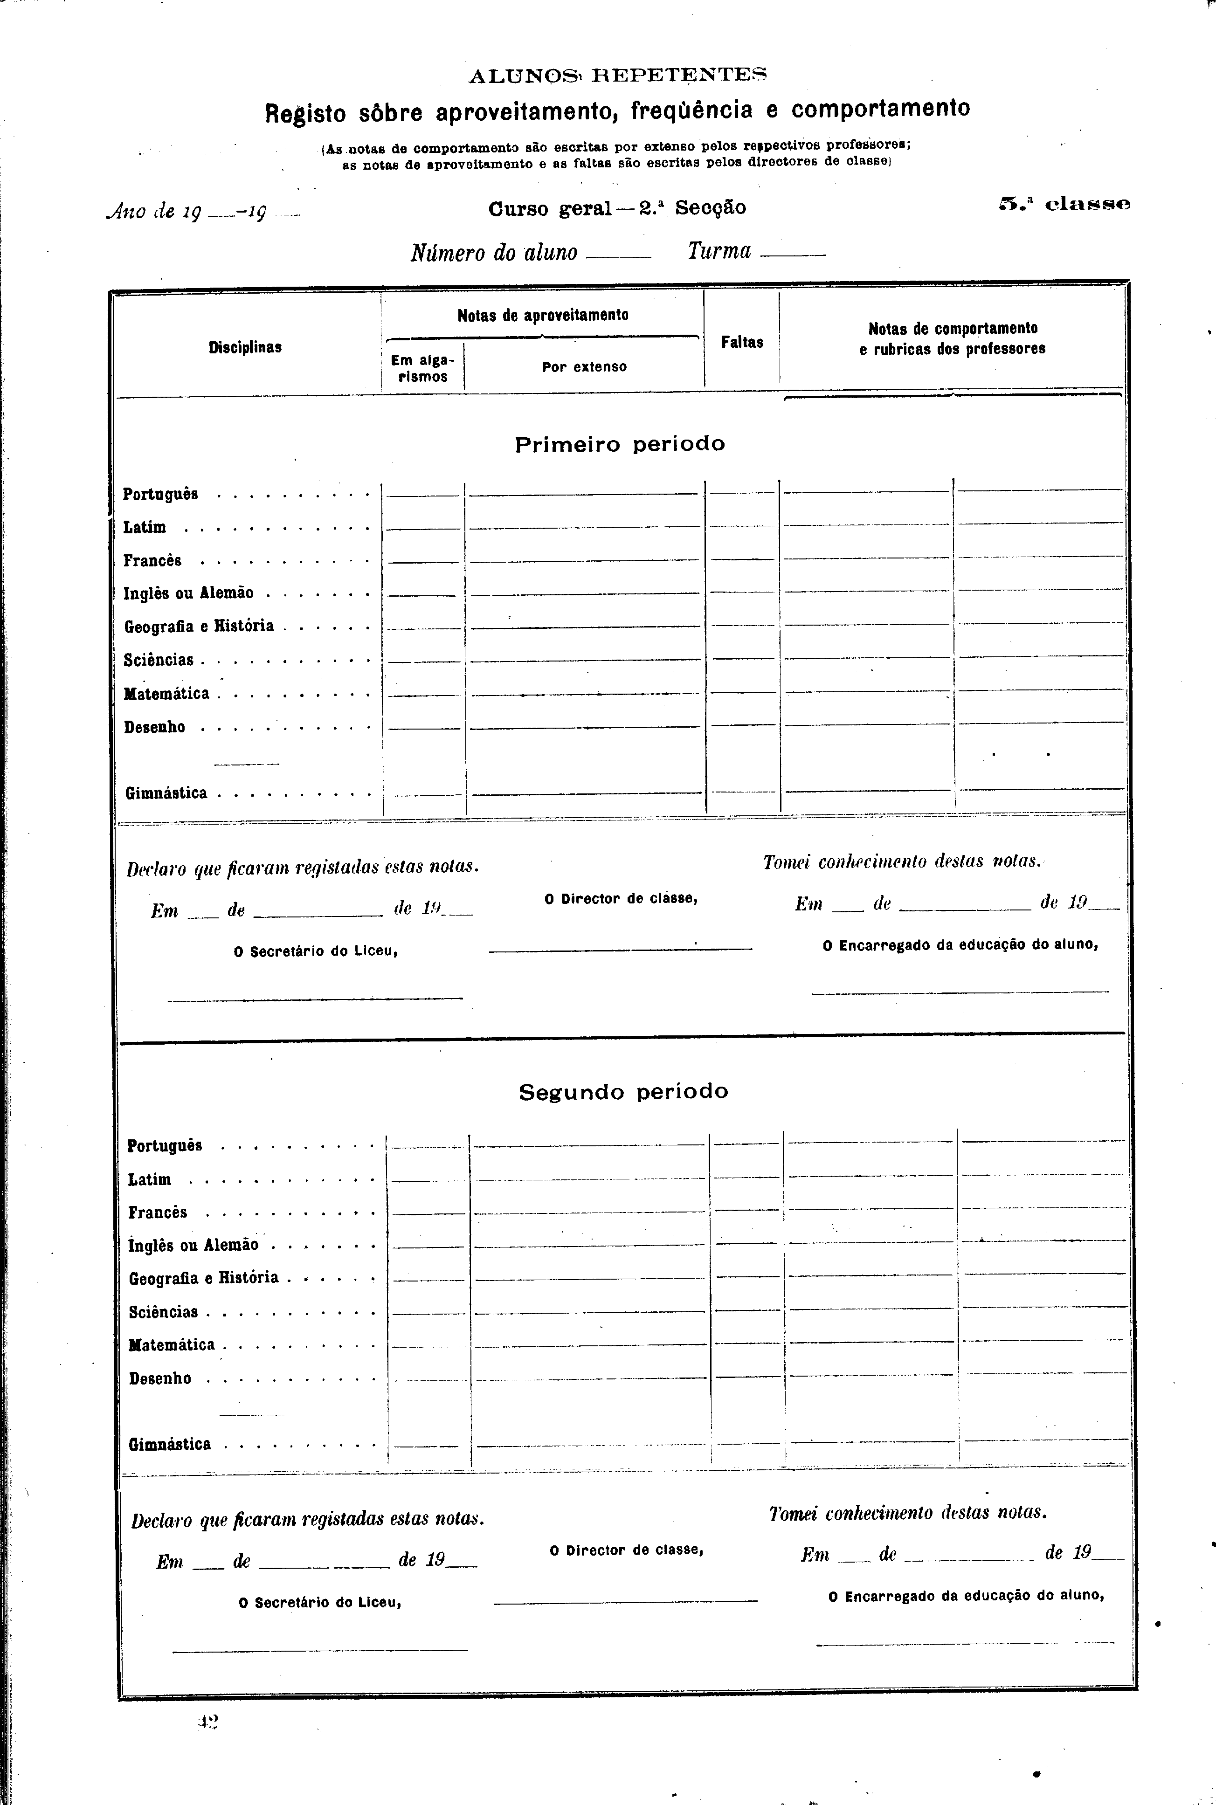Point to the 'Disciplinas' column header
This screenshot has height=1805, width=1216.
click(245, 347)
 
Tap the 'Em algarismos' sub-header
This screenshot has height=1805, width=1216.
click(422, 368)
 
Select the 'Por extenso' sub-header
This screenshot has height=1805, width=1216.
click(584, 367)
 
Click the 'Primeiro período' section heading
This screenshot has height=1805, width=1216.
click(620, 444)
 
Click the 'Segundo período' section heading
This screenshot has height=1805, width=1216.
click(623, 1092)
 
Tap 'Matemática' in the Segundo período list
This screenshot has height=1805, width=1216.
click(172, 1344)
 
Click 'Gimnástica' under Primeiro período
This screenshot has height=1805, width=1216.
click(166, 793)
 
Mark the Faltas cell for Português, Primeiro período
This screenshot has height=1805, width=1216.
click(742, 487)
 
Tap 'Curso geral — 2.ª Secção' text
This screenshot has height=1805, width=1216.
click(617, 208)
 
